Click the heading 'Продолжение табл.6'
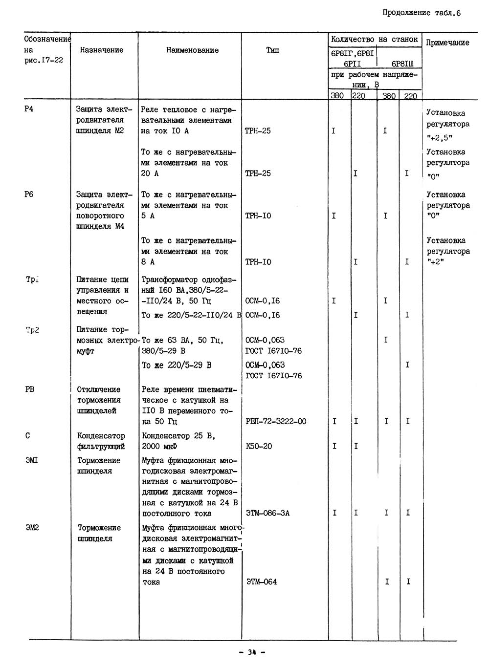[422, 13]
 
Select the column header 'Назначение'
[102, 50]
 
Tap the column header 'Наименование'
[192, 50]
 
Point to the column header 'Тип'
[272, 50]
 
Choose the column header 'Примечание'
[447, 43]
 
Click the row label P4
[29, 109]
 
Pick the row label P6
[29, 194]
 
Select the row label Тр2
[32, 330]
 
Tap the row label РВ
[30, 389]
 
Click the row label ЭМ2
[32, 528]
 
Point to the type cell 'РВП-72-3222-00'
[276, 421]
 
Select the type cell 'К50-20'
[259, 446]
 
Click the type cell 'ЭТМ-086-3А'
[267, 513]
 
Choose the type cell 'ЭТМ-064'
[261, 582]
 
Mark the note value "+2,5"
[439, 138]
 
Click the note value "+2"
[435, 262]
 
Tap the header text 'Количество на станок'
[374, 39]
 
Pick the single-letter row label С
[27, 435]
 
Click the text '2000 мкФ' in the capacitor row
[159, 446]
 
